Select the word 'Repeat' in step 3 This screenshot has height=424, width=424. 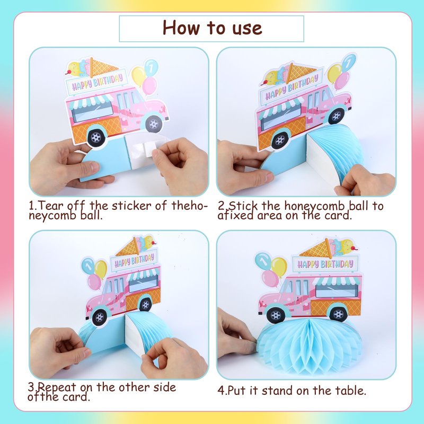tap(57, 387)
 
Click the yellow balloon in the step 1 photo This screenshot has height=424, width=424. tap(139, 75)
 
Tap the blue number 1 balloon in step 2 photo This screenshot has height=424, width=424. tap(348, 63)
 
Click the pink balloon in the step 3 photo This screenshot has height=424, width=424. tap(95, 282)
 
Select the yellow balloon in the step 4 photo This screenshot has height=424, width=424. tap(279, 267)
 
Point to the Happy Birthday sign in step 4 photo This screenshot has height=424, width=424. tap(325, 263)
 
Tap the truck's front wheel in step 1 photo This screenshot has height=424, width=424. tap(154, 124)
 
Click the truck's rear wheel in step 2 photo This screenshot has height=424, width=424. tap(280, 140)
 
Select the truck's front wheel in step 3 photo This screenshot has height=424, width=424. tap(100, 316)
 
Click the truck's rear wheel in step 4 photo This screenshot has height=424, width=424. tap(339, 314)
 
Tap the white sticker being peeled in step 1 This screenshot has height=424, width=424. tap(143, 149)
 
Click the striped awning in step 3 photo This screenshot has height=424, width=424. tap(143, 275)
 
